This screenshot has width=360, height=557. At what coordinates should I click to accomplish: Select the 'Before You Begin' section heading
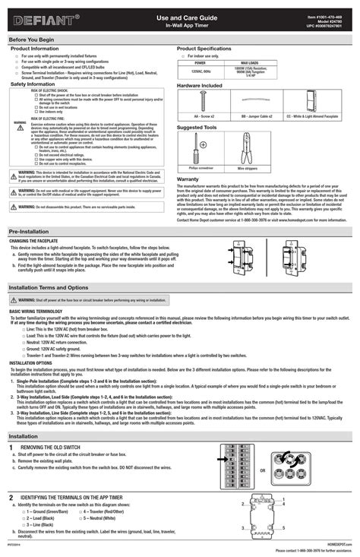(x=31, y=38)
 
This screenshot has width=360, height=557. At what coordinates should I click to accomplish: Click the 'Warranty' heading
(x=188, y=179)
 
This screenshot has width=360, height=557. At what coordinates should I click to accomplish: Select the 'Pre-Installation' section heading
(x=30, y=229)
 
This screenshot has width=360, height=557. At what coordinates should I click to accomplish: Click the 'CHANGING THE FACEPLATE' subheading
(x=34, y=240)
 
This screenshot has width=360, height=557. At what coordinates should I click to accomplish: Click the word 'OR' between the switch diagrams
(x=262, y=470)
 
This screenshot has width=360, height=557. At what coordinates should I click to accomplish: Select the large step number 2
(x=11, y=496)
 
